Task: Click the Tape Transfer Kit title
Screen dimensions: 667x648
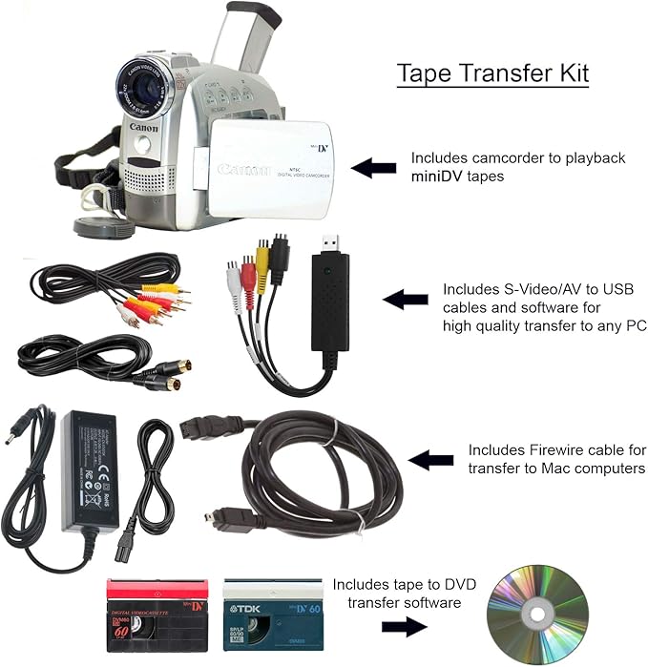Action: tap(491, 73)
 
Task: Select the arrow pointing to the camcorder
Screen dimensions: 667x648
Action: tap(373, 168)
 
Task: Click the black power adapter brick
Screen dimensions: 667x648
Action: tap(85, 467)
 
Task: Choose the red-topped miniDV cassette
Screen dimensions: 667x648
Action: tap(157, 614)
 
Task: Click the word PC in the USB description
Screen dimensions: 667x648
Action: tap(636, 325)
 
